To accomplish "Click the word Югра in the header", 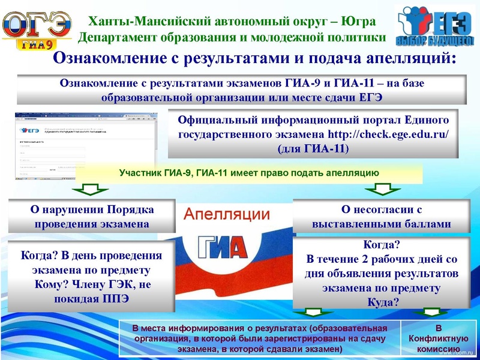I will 358,22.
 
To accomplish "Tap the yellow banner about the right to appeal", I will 248,173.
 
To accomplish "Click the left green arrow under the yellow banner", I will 91,190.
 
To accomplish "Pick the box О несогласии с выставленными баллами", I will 382,217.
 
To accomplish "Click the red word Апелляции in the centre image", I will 226,214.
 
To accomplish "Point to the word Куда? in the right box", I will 383,302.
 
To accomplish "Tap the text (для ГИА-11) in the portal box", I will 313,148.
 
